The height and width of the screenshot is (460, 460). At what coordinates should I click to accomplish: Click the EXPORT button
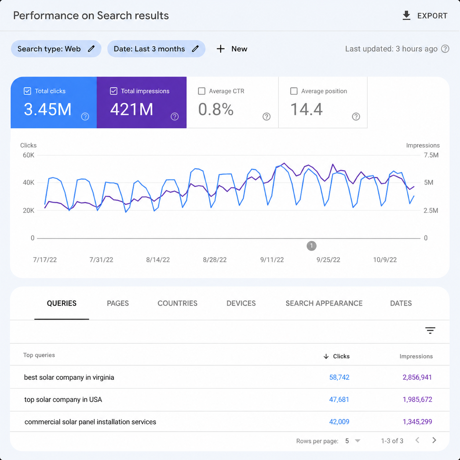coord(425,16)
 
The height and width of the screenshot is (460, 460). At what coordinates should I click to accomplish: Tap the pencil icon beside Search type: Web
coord(91,49)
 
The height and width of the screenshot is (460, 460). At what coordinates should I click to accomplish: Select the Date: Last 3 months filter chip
coord(156,49)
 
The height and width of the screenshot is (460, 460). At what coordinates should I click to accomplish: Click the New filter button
coord(232,49)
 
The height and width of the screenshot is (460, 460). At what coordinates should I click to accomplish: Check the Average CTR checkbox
coord(202,91)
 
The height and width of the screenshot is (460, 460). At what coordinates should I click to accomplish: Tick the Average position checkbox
coord(293,91)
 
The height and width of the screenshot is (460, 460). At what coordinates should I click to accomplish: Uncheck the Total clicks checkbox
coord(28,91)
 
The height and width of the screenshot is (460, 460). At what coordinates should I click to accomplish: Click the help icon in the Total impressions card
coord(175,117)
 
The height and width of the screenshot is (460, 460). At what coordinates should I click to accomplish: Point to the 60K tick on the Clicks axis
coord(29,155)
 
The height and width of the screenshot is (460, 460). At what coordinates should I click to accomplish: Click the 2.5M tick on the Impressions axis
coord(431,210)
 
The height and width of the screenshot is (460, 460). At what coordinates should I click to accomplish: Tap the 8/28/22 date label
coord(215,260)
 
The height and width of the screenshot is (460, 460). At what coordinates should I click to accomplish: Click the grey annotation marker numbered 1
coord(311,246)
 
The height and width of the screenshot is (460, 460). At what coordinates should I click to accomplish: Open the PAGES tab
coord(118,303)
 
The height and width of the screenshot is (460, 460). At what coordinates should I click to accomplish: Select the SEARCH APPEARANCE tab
coord(324,303)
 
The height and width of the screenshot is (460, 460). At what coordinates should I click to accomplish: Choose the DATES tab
coord(401,303)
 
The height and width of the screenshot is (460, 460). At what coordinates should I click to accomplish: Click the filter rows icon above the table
coord(430,331)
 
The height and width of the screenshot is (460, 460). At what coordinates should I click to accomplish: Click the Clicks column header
coord(336,356)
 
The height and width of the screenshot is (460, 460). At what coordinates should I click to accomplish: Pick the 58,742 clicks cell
coord(339,377)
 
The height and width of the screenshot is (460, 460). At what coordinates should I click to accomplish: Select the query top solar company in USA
coord(63,399)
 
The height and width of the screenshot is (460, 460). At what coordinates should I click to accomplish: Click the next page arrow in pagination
coord(434,440)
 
